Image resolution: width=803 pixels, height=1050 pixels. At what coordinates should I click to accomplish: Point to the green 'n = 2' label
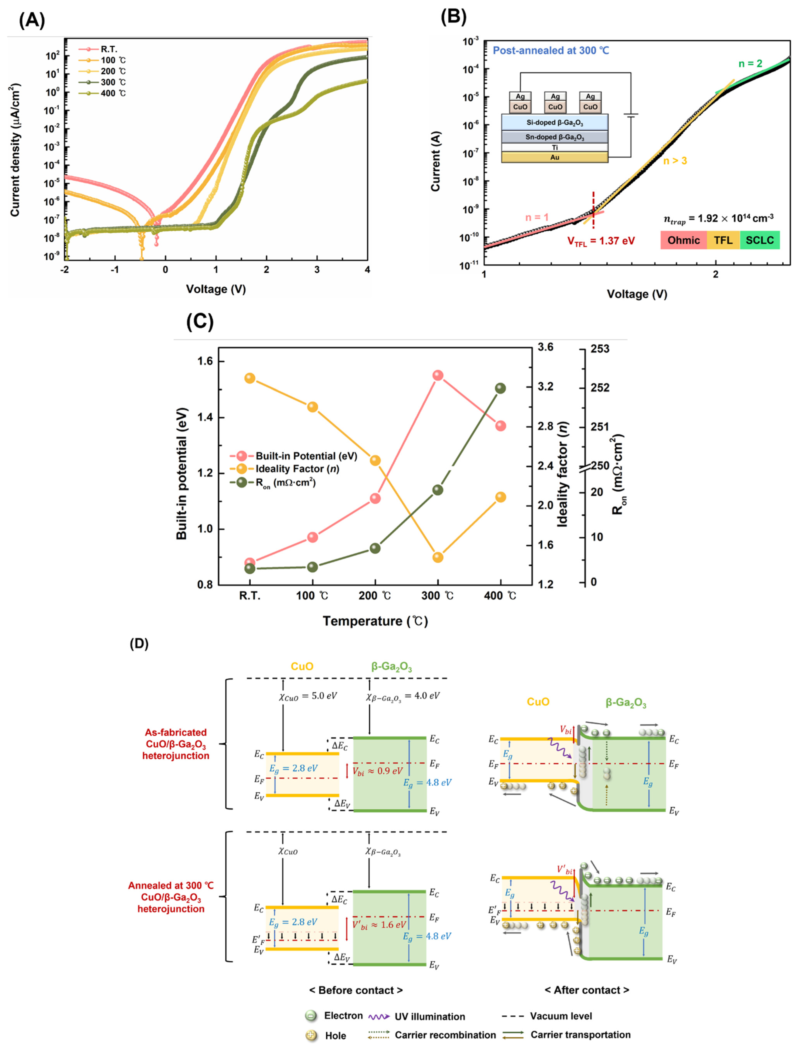point(750,64)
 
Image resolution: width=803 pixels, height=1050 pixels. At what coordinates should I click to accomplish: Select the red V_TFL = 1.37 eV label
point(601,241)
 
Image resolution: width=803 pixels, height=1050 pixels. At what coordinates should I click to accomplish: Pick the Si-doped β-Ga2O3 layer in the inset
point(554,122)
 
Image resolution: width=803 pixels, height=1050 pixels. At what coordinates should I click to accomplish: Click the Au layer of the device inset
point(554,157)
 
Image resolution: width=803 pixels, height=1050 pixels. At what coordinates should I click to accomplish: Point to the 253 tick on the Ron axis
point(600,349)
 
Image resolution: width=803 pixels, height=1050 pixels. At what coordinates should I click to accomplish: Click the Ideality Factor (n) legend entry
point(296,469)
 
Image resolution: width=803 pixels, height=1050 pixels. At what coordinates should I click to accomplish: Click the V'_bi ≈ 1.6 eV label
point(379,925)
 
